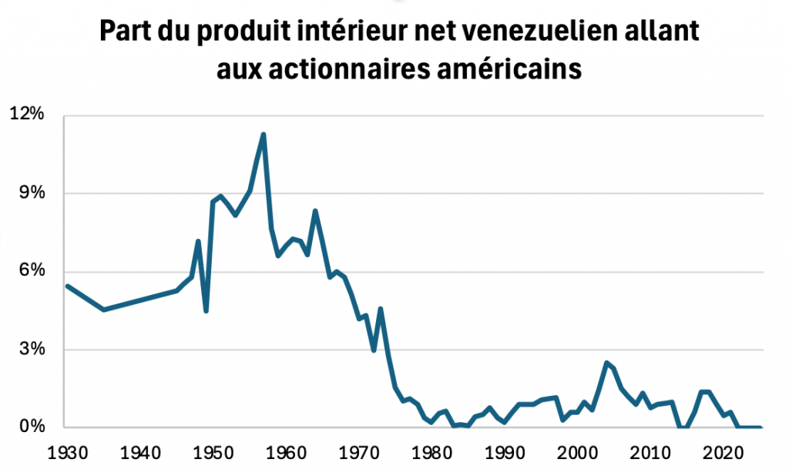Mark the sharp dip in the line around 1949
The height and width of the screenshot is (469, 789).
(206, 310)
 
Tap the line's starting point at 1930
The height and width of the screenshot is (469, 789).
(67, 286)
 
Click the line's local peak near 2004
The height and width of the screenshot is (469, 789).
(607, 363)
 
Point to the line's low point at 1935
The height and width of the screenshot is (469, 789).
(104, 310)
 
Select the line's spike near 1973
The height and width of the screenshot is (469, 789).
(381, 309)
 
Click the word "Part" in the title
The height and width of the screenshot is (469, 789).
(125, 32)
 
